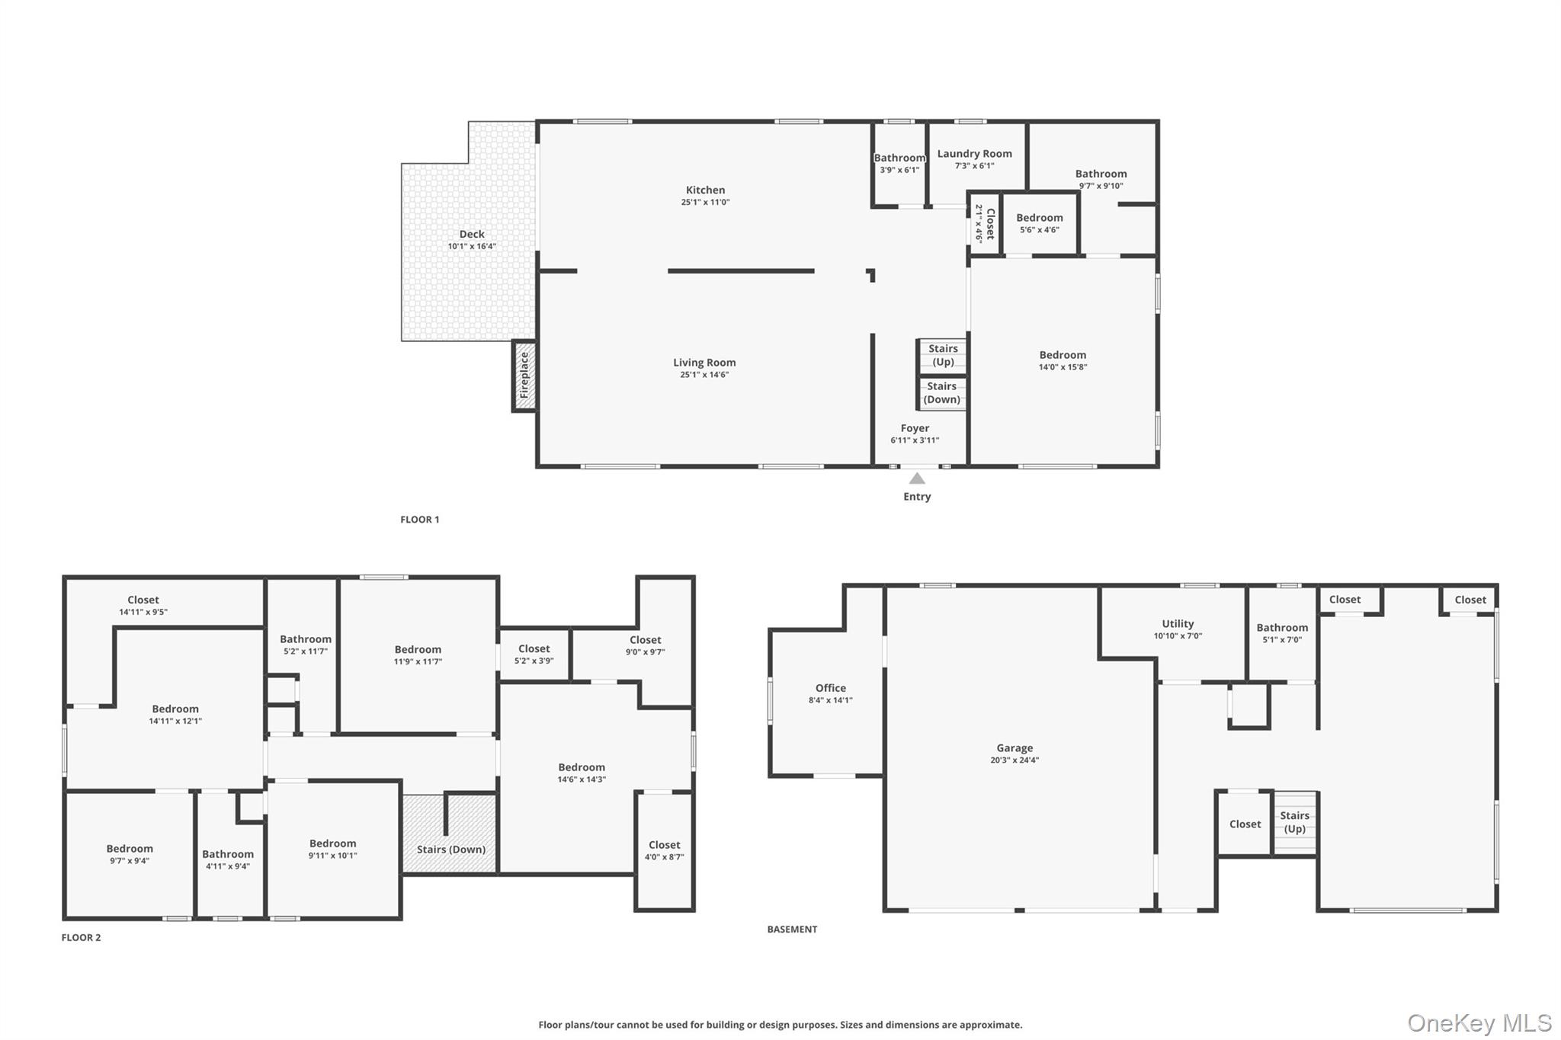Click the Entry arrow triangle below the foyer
tap(917, 478)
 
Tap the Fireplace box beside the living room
tap(524, 376)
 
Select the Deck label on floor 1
tap(472, 234)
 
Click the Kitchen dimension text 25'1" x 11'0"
tap(705, 203)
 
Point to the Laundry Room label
tap(974, 154)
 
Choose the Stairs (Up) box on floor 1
tap(943, 356)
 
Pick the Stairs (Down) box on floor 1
tap(943, 393)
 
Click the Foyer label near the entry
tap(915, 428)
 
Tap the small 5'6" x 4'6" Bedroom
tap(1040, 222)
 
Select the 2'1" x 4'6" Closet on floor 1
tap(984, 223)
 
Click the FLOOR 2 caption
tap(81, 938)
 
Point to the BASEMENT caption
tap(792, 930)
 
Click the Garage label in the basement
tap(1014, 748)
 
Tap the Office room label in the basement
tap(831, 688)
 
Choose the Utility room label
tap(1178, 624)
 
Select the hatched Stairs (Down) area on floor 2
tap(450, 834)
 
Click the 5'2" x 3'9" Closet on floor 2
tap(534, 654)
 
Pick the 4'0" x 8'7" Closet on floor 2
tap(664, 851)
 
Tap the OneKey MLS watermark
tap(1479, 1022)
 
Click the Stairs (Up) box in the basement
tap(1294, 823)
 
